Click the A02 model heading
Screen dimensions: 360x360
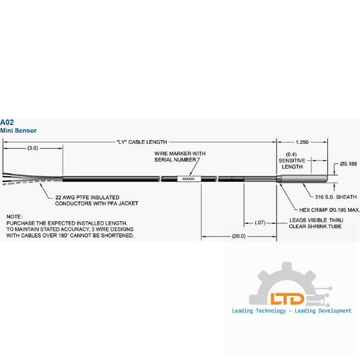[7, 122]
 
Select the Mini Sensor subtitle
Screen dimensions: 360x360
[19, 131]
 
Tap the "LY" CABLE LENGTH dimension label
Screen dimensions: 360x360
[141, 142]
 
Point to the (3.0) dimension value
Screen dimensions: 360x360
[33, 148]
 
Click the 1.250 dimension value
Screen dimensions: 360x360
[302, 142]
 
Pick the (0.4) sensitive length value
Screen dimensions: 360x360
[291, 154]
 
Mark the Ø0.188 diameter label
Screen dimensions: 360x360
[348, 164]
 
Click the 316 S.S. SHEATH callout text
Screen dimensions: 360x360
[335, 197]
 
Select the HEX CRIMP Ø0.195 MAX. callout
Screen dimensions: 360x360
[329, 210]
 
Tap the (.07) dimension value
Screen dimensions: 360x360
[260, 223]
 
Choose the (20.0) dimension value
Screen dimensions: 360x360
[239, 236]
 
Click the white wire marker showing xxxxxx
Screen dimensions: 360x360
[189, 179]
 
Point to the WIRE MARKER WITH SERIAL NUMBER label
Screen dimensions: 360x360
[180, 157]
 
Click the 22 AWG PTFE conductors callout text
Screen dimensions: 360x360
[97, 201]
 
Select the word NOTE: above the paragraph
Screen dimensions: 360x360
[15, 217]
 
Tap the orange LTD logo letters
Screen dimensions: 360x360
[287, 299]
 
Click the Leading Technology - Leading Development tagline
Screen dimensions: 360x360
[291, 311]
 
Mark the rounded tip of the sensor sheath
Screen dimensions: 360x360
[325, 179]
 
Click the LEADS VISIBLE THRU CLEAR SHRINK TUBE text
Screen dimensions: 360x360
[316, 223]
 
